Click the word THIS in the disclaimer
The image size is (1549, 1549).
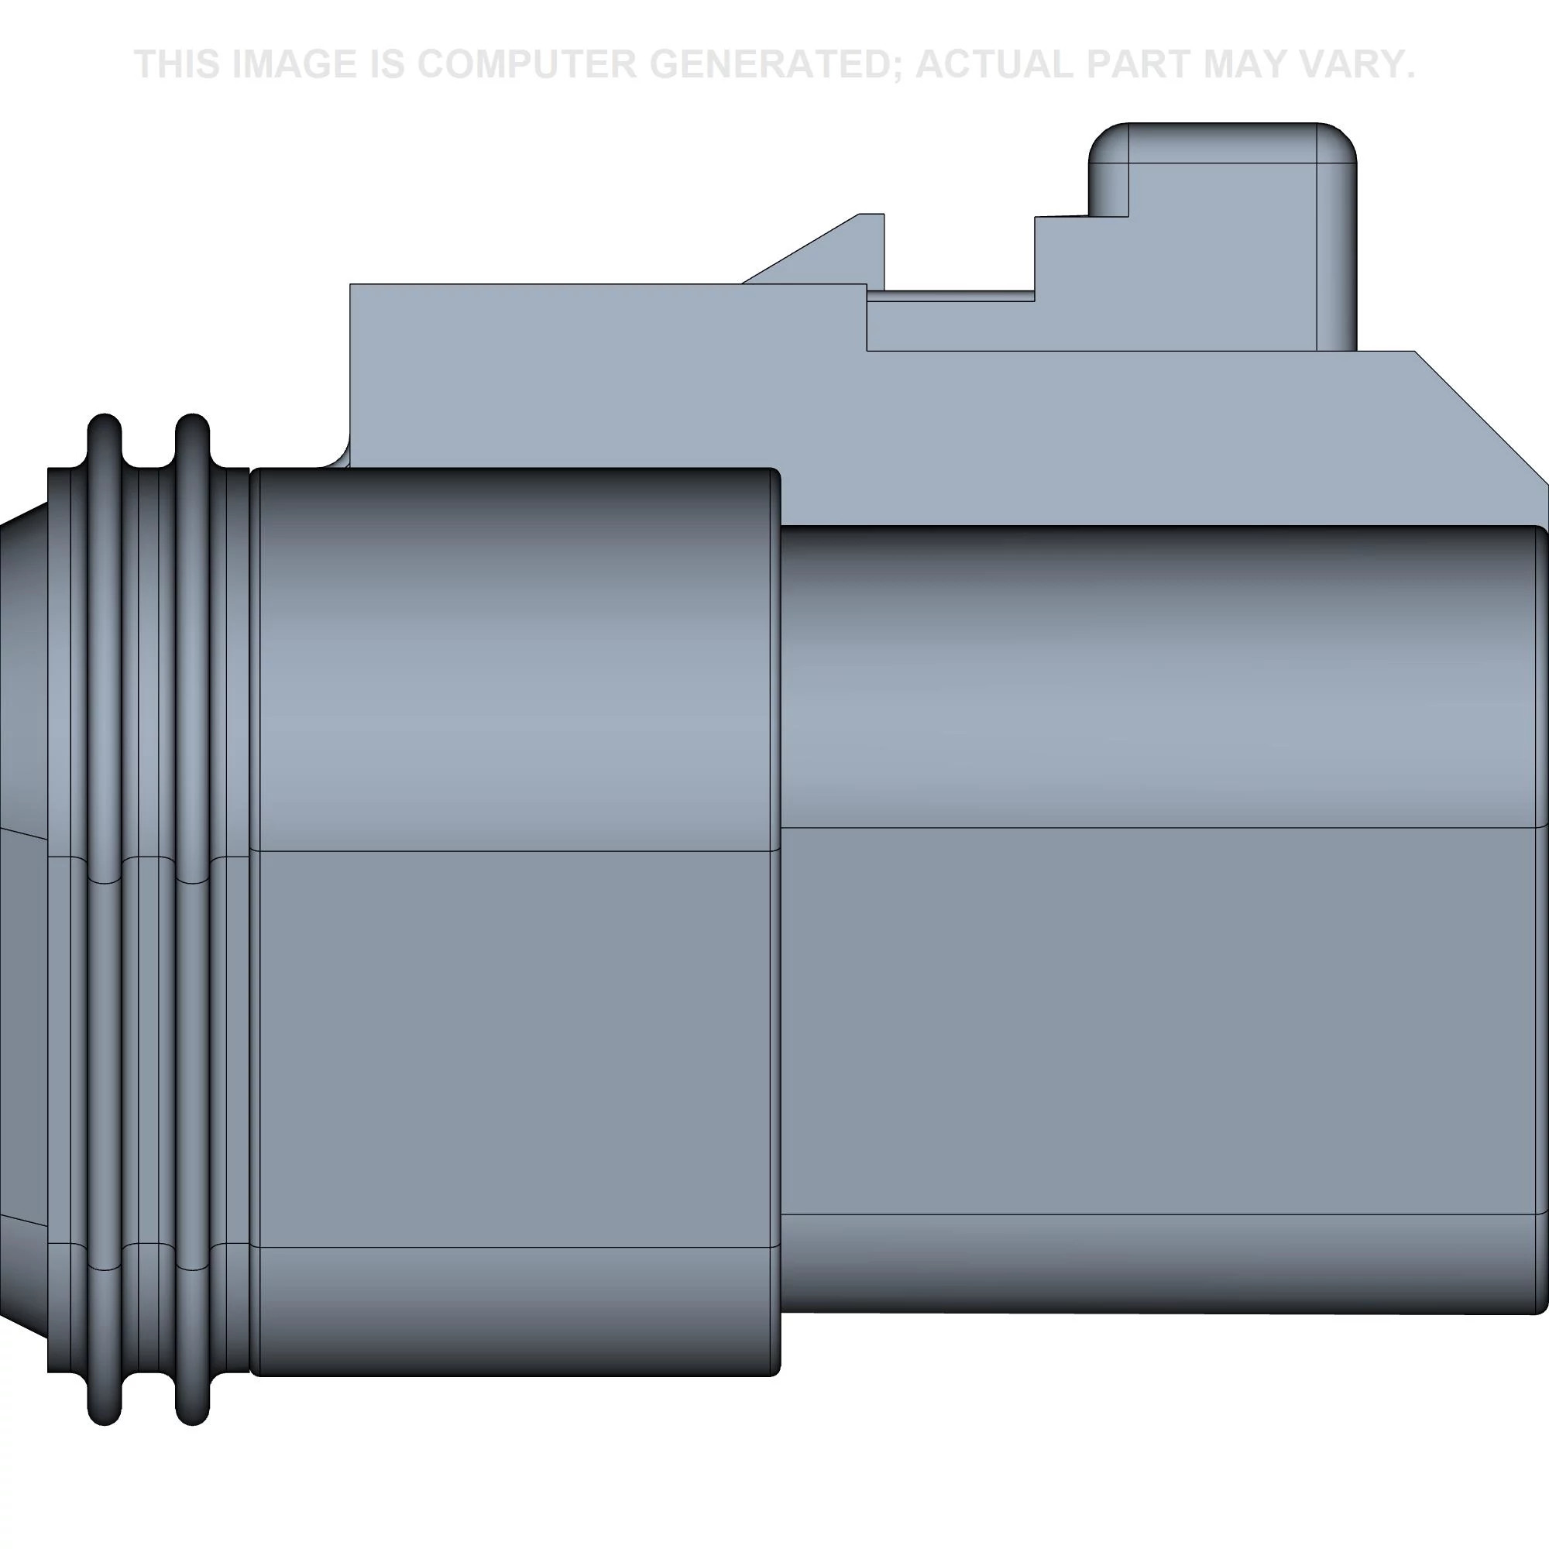(x=177, y=64)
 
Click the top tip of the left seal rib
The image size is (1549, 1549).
(x=105, y=417)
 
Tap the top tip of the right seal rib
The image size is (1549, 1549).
(x=191, y=417)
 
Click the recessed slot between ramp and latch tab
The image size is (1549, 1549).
(x=958, y=294)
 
